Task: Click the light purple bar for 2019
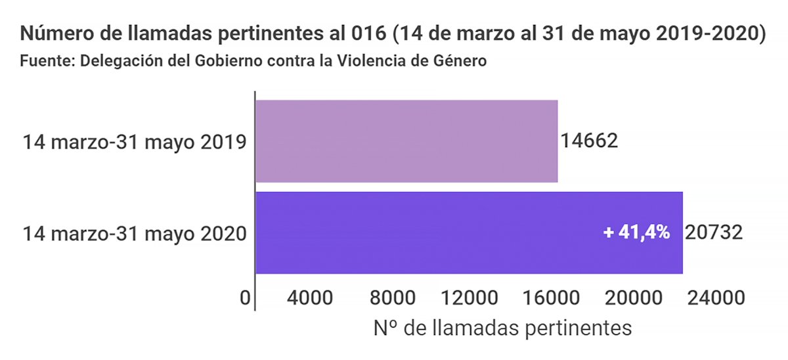[x=406, y=141]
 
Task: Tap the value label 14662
[x=589, y=141]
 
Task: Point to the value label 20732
[x=713, y=233]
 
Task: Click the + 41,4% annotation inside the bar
[x=636, y=233]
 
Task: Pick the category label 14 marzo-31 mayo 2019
[x=135, y=142]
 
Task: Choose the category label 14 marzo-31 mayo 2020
[x=135, y=233]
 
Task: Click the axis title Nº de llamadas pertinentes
[x=502, y=328]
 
